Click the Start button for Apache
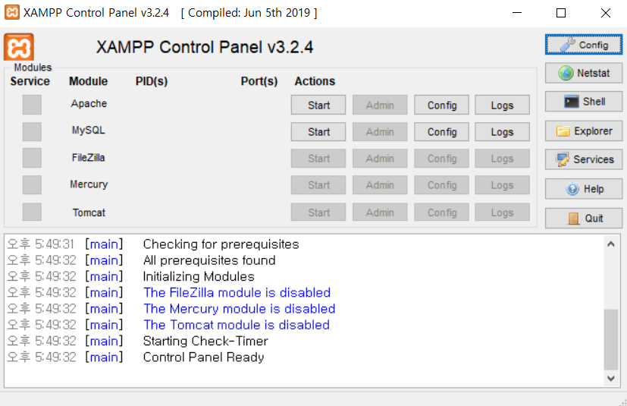(x=318, y=105)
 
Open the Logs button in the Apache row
(x=502, y=105)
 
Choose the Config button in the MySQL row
(x=441, y=131)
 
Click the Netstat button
(x=583, y=73)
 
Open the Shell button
(x=583, y=102)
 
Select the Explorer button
(x=583, y=131)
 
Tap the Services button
(x=583, y=159)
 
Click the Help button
(x=583, y=188)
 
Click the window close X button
(x=605, y=13)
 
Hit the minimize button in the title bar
(x=517, y=13)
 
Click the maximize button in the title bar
(x=561, y=13)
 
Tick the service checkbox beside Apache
(x=32, y=105)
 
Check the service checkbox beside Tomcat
(x=32, y=212)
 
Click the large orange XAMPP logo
(x=19, y=47)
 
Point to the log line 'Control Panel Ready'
(x=203, y=357)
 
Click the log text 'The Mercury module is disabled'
(x=239, y=309)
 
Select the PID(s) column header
(x=152, y=81)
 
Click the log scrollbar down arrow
(x=611, y=377)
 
